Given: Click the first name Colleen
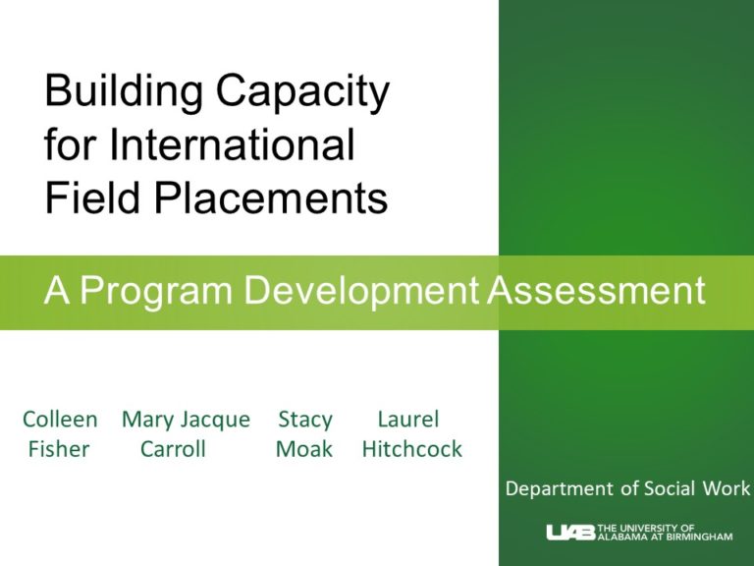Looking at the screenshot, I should click(60, 420).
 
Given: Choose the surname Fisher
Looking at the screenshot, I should click(60, 450).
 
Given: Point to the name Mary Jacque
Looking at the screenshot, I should click(186, 420).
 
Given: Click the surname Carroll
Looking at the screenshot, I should click(173, 450).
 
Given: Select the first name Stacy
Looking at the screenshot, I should click(305, 420).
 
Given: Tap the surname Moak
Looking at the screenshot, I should click(304, 450).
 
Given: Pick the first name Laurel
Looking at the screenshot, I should click(407, 420).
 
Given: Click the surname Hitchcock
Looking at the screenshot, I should click(412, 450).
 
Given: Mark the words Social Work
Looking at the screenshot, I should click(698, 488).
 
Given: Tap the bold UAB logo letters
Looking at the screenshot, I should click(570, 532).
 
